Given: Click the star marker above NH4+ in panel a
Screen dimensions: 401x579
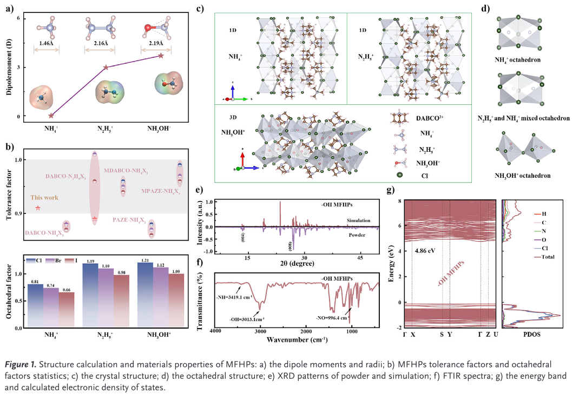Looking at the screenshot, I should (x=51, y=115).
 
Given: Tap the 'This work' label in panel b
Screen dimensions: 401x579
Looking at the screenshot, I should (x=44, y=198).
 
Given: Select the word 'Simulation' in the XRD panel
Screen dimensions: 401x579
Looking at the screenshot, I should (x=359, y=221).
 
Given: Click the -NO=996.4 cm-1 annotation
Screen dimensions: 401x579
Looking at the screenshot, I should (x=332, y=318).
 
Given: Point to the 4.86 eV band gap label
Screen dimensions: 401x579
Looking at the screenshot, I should (x=424, y=251).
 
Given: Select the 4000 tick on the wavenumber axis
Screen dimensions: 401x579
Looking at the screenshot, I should (x=215, y=331).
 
